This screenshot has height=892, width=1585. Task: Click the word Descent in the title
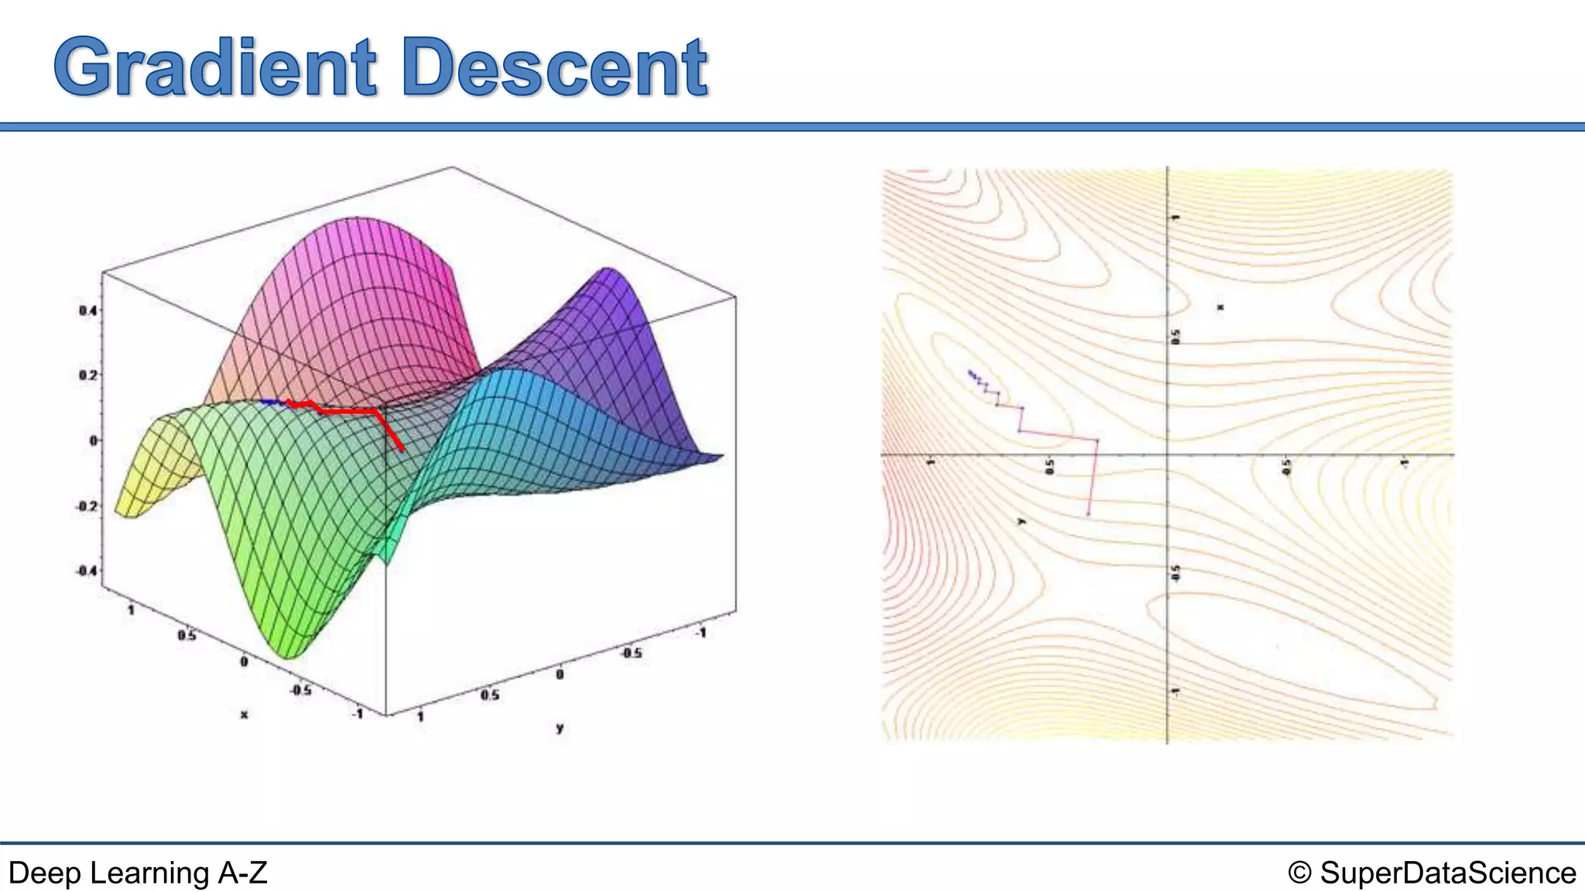click(554, 68)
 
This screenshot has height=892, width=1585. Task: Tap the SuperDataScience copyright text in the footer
click(1432, 873)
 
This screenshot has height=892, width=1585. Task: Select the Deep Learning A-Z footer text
click(138, 873)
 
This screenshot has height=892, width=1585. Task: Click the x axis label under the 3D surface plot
click(244, 714)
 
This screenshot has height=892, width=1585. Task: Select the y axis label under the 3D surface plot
click(560, 727)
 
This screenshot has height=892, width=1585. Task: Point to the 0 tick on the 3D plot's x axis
click(244, 661)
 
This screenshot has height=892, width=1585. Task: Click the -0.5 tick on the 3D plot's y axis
click(632, 653)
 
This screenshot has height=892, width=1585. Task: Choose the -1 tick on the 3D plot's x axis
click(357, 713)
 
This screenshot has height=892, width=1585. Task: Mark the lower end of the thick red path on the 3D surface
click(403, 449)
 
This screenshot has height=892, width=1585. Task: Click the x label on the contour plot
click(1220, 307)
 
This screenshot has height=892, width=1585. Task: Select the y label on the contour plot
click(1022, 522)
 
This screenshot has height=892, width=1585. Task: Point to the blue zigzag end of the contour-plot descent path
click(971, 374)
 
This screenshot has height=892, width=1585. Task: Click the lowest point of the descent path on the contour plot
click(1088, 513)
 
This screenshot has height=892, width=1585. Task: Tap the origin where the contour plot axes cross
click(1166, 455)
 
